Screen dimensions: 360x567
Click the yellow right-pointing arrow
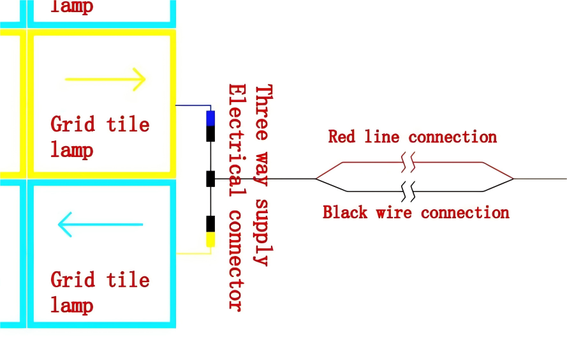[105, 79]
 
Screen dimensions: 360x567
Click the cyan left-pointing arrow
[100, 225]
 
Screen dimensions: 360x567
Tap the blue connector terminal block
[210, 118]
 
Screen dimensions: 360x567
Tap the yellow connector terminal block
[210, 239]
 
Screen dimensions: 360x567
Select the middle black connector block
[210, 179]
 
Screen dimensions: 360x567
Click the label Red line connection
[412, 137]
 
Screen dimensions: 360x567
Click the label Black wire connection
[416, 212]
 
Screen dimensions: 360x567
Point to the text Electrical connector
[236, 197]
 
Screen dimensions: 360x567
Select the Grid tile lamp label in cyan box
[100, 292]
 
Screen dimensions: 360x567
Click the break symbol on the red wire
[409, 163]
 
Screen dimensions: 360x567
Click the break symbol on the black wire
[409, 190]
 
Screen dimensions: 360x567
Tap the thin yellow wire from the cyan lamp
[193, 253]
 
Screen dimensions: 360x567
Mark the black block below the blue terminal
[210, 133]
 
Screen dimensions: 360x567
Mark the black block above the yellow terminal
[210, 224]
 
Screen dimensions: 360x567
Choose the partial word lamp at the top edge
[71, 6]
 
